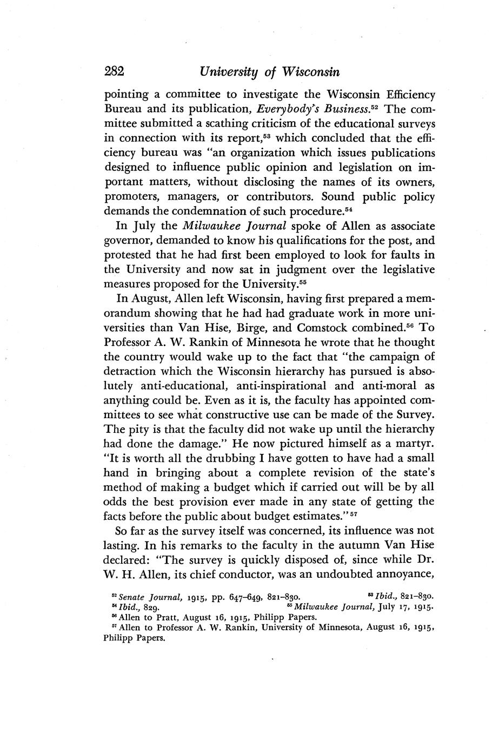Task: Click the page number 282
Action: pos(114,71)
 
